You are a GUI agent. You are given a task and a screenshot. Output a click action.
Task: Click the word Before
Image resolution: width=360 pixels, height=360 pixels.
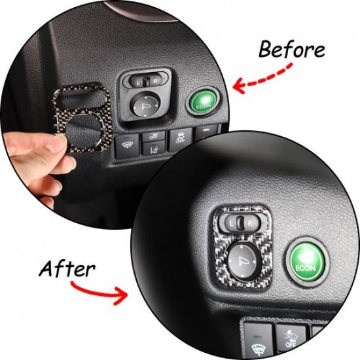click(291, 50)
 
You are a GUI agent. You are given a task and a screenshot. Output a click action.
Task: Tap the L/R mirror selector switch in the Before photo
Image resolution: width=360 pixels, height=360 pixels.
click(143, 81)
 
